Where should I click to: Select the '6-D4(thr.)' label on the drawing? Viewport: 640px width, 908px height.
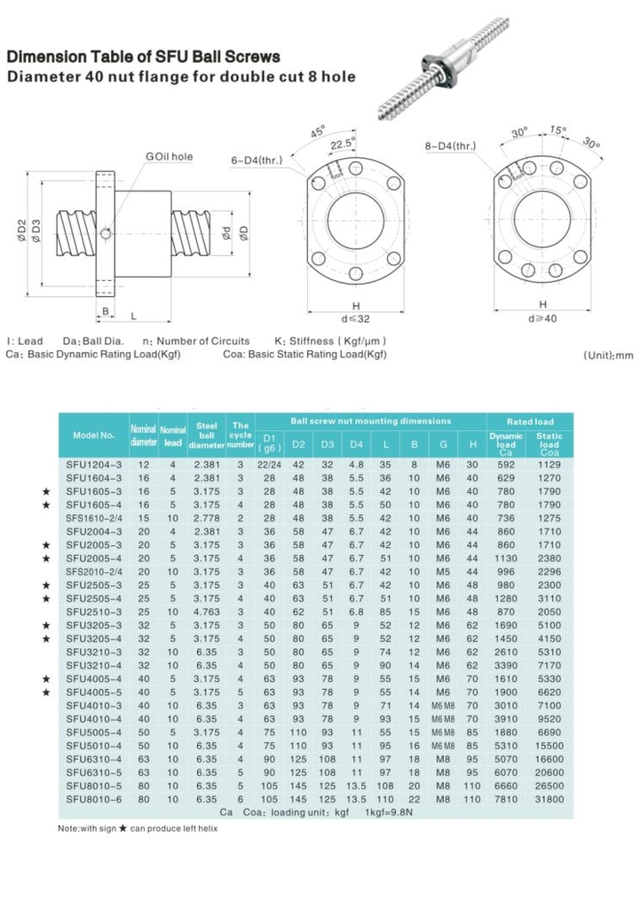click(x=256, y=160)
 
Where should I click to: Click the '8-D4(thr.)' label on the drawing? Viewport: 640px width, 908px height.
click(x=452, y=145)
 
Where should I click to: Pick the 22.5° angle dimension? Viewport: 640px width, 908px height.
click(x=341, y=142)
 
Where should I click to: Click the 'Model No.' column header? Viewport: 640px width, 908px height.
click(x=93, y=434)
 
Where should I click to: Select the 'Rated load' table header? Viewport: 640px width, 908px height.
click(x=530, y=421)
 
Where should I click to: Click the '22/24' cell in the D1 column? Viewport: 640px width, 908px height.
click(x=269, y=464)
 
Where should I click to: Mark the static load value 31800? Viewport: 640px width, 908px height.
click(x=550, y=799)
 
